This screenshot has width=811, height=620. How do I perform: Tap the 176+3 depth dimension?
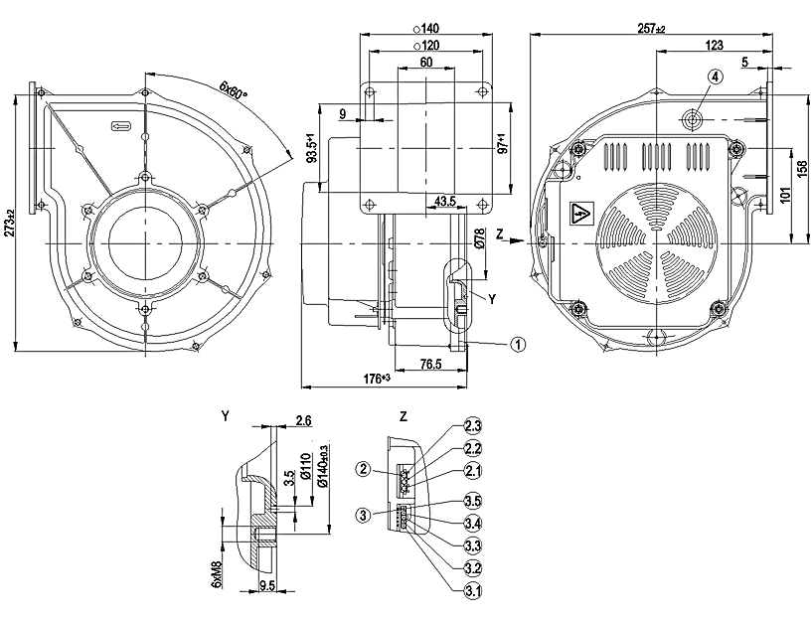pos(377,378)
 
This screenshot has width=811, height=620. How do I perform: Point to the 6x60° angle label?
pos(232,92)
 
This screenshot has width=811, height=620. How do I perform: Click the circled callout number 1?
pos(517,344)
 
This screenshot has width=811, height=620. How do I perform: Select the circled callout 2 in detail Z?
pos(366,468)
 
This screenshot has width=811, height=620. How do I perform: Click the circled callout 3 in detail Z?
pos(366,515)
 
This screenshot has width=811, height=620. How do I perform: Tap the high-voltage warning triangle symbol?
pos(579,213)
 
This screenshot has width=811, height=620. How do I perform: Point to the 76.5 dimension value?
pos(430,365)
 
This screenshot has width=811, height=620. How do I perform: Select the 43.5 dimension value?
pos(445,202)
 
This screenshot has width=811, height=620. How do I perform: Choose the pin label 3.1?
pos(473,591)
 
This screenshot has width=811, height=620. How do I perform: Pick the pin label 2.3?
pos(473,426)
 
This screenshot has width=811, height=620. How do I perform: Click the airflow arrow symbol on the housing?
pos(120,126)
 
